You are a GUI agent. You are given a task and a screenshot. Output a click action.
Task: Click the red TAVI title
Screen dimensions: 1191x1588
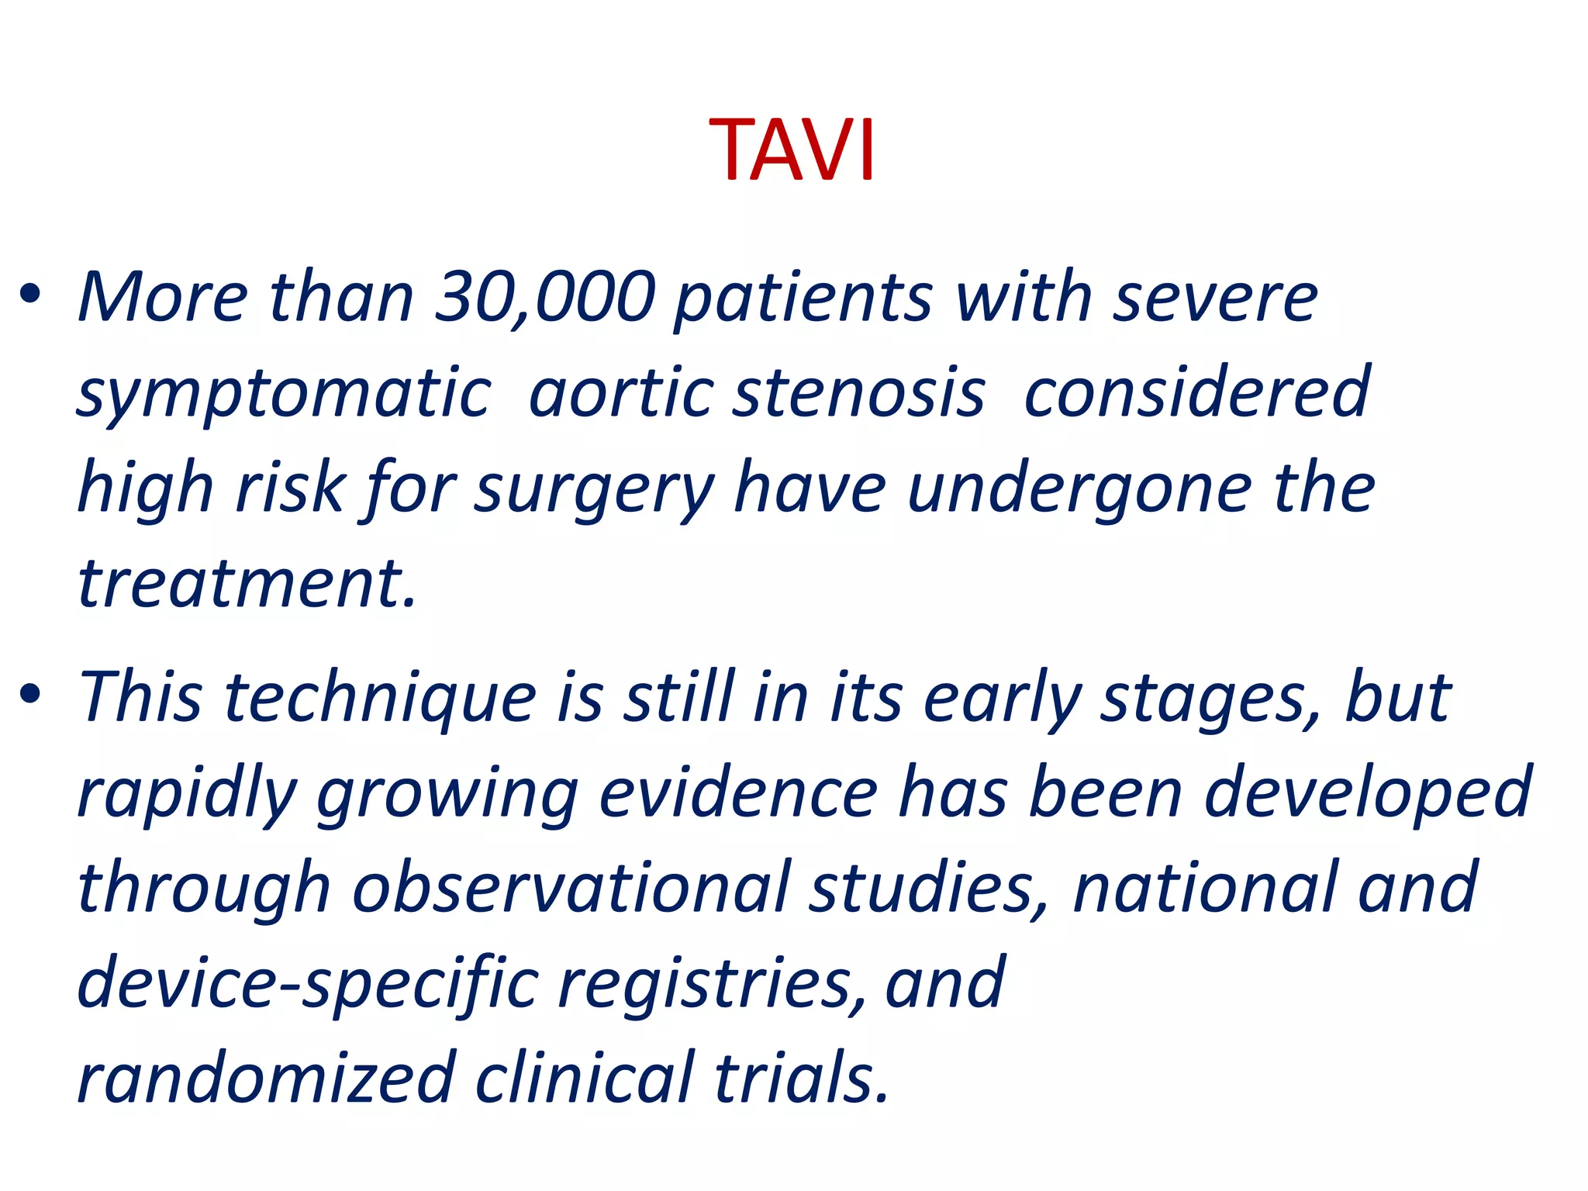click(792, 150)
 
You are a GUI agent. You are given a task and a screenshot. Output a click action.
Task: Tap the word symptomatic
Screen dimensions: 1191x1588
click(284, 394)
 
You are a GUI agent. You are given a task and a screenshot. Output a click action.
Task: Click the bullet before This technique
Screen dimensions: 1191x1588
click(31, 695)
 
